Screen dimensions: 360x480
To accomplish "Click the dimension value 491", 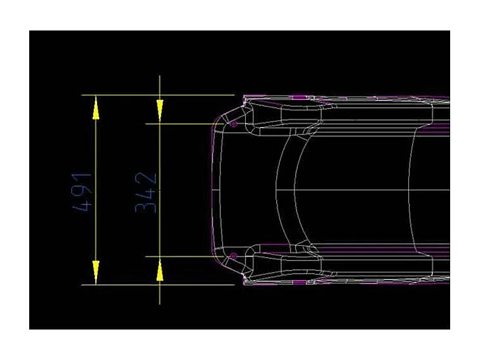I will (85, 191).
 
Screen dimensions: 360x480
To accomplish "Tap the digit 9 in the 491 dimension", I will (85, 191).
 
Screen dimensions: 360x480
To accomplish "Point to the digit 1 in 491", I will (85, 178).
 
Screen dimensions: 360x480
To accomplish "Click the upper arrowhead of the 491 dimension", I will (96, 107).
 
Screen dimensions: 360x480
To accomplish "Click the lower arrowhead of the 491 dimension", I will (96, 272).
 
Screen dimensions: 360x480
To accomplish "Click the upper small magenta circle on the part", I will (234, 124).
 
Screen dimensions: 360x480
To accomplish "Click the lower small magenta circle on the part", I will (234, 256).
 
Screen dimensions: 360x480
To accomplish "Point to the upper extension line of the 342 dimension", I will (190, 124).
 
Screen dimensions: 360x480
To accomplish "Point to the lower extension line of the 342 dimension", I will (190, 257).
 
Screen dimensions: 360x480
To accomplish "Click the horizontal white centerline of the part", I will (356, 190).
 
